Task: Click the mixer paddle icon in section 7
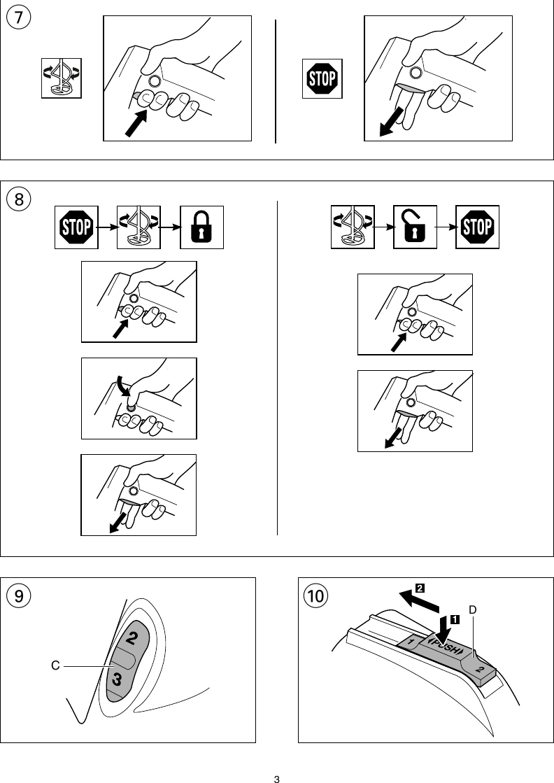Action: [x=61, y=78]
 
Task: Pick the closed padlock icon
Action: [x=201, y=227]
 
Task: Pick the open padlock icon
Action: [x=415, y=227]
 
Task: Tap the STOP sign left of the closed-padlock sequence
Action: [x=76, y=227]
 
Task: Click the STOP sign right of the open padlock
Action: [x=477, y=227]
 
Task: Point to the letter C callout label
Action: [x=54, y=668]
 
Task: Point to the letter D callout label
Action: [x=473, y=610]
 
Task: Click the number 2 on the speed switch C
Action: [x=132, y=638]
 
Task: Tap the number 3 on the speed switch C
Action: [x=118, y=678]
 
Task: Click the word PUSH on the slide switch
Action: [x=445, y=647]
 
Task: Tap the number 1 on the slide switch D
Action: [x=412, y=642]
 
